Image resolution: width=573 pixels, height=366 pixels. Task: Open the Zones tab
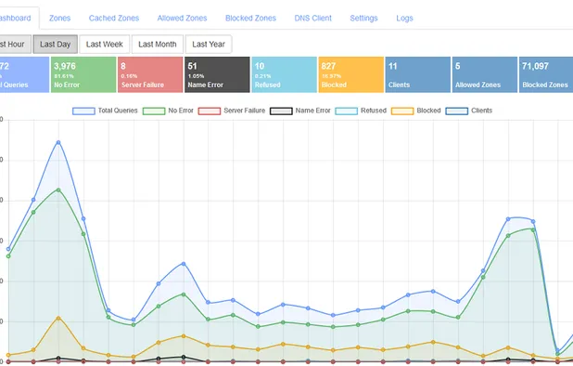click(x=59, y=18)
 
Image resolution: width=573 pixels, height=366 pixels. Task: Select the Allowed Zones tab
click(x=182, y=18)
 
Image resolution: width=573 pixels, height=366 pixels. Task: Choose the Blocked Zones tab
click(x=250, y=18)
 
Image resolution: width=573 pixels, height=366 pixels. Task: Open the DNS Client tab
click(x=313, y=18)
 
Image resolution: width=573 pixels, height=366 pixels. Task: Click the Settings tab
click(x=363, y=18)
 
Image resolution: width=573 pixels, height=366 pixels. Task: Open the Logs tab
click(x=404, y=18)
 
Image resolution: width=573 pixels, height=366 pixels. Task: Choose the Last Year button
click(x=209, y=44)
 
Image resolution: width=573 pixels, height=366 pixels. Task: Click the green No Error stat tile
click(x=82, y=74)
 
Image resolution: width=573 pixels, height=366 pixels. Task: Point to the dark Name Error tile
click(x=216, y=74)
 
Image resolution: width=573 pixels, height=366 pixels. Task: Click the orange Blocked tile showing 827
click(x=350, y=74)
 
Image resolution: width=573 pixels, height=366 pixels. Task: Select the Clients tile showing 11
click(x=416, y=74)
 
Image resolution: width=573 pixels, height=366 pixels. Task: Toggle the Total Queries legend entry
click(x=105, y=110)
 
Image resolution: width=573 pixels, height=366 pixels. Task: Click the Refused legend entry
click(x=361, y=110)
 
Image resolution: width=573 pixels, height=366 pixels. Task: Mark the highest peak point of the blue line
click(x=58, y=142)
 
